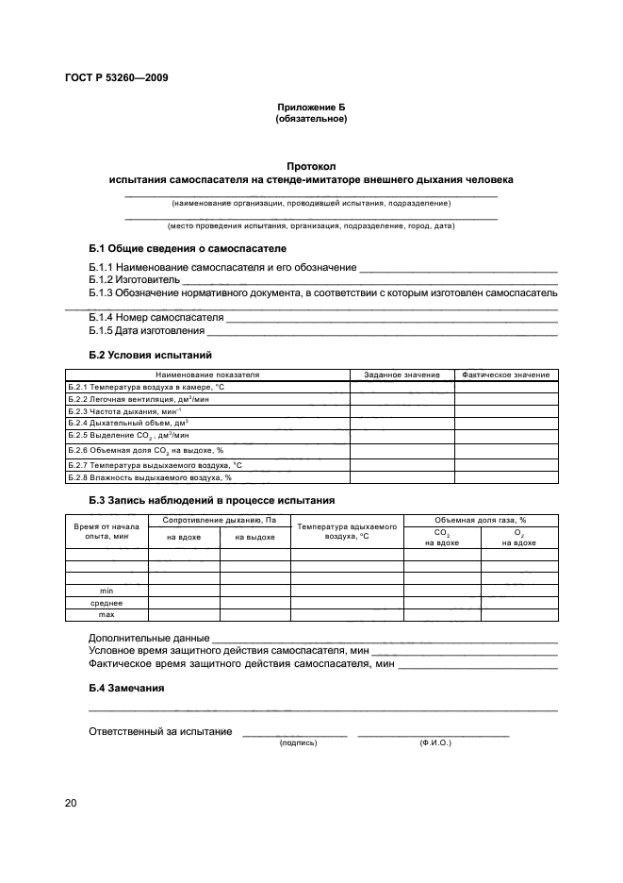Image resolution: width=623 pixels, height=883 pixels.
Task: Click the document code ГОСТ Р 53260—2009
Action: click(117, 78)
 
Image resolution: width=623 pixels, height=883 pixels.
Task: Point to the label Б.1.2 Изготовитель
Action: click(134, 281)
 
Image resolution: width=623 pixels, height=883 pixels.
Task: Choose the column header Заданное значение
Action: click(402, 375)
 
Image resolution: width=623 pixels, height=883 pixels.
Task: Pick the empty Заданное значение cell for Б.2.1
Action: click(402, 388)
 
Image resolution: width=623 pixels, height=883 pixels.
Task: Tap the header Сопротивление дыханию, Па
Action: click(219, 521)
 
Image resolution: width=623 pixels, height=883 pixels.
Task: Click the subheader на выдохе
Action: click(254, 537)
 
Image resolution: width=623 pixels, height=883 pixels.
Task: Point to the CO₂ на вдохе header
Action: click(441, 537)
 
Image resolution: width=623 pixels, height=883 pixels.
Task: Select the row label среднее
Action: click(107, 602)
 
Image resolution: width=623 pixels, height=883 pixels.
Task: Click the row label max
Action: click(107, 614)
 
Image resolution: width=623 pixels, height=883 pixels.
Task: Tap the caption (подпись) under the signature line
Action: click(298, 742)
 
